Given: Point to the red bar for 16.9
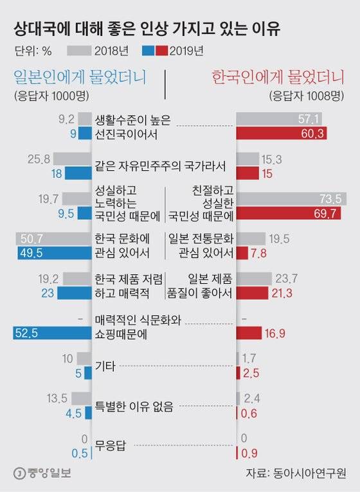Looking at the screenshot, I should [x=249, y=332].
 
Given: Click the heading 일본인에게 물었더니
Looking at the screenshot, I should [x=78, y=78].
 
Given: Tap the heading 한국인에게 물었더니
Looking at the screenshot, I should [x=279, y=78].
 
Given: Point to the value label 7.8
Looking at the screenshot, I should [x=259, y=252].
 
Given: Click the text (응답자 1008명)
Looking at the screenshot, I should [x=307, y=96].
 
